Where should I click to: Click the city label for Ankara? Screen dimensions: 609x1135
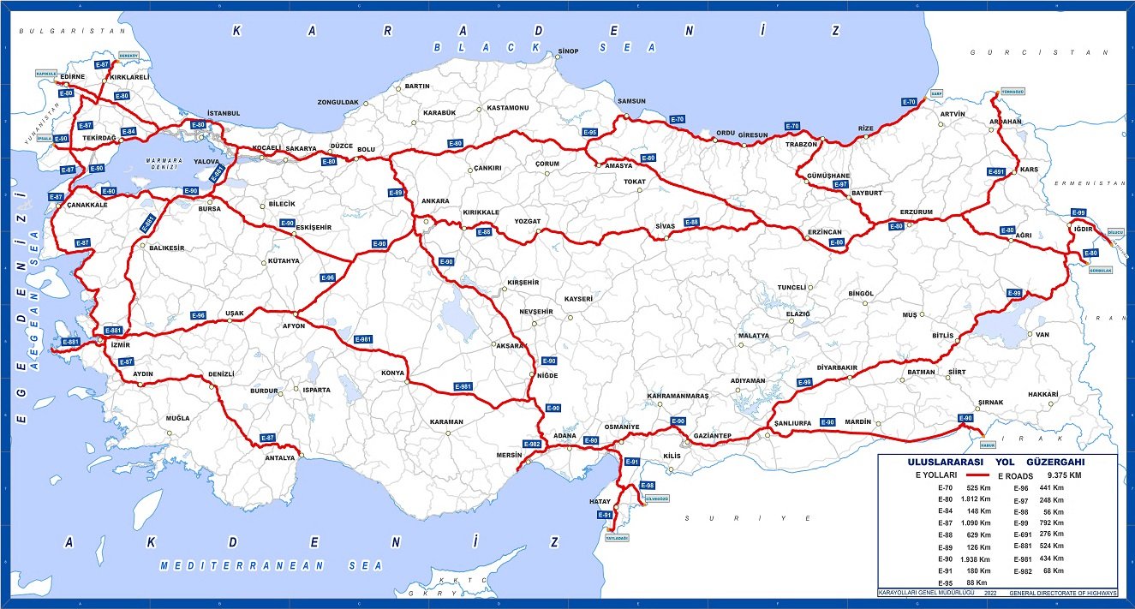tap(434, 201)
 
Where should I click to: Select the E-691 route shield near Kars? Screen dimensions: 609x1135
tap(995, 172)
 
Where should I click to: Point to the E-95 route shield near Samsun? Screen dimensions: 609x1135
tap(589, 133)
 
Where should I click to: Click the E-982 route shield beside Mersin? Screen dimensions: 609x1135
tap(531, 444)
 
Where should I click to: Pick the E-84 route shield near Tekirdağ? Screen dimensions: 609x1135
tap(128, 131)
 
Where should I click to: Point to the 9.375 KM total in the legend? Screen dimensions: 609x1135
tap(1063, 475)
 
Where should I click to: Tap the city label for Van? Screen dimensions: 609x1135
tap(1042, 334)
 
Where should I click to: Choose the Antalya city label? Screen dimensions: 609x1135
tap(279, 457)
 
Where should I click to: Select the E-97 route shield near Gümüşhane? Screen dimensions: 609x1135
tap(839, 184)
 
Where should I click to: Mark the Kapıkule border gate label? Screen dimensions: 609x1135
tap(45, 74)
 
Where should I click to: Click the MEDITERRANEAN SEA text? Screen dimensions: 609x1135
tap(274, 565)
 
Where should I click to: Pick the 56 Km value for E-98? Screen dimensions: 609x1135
tap(1053, 511)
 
